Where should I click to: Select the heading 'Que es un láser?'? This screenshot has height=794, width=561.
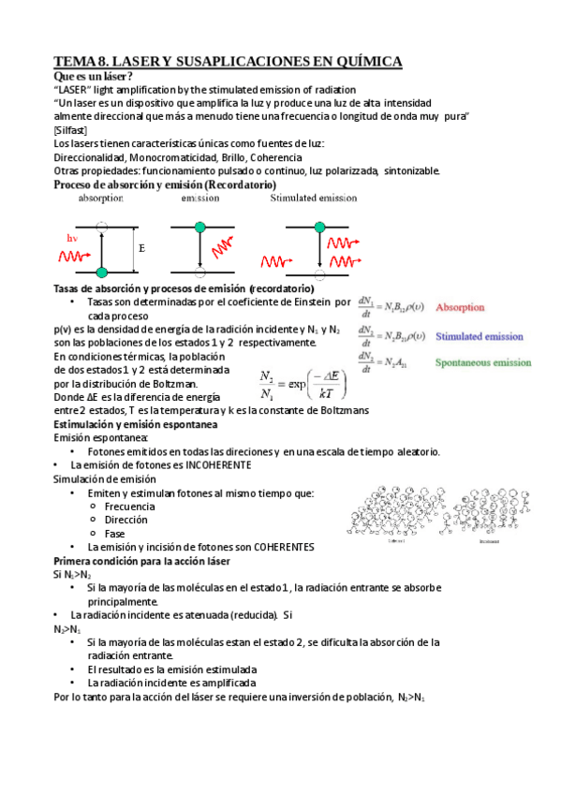[94, 76]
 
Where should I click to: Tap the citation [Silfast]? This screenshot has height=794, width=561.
[74, 130]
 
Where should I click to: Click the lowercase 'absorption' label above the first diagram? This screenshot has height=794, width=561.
[101, 198]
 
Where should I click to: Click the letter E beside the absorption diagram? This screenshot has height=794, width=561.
[142, 250]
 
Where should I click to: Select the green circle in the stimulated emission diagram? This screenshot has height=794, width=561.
[319, 228]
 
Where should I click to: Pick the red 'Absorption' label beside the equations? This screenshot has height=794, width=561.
[461, 307]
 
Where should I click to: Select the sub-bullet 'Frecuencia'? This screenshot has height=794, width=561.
[131, 507]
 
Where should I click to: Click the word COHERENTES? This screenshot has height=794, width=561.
[273, 547]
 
